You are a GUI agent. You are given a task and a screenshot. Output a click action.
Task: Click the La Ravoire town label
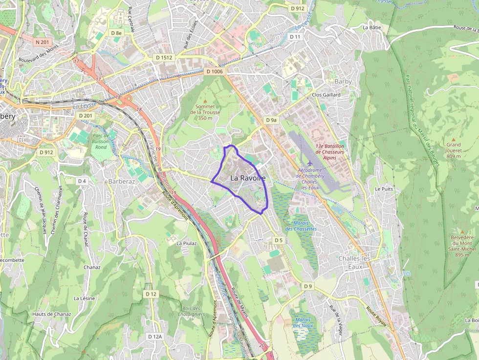click(x=248, y=178)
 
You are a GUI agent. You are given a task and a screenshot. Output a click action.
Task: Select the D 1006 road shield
click(x=214, y=72)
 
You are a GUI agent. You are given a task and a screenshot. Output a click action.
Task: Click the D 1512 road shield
click(x=164, y=57)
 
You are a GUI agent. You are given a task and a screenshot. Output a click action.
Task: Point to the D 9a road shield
click(x=271, y=120)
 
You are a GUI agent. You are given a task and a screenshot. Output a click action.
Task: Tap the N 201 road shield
click(x=43, y=42)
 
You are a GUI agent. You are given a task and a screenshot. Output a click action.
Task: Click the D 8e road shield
click(x=116, y=33)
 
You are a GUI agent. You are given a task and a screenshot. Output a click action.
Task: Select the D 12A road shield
click(x=154, y=337)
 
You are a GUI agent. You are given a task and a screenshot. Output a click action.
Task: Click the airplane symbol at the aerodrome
click(x=310, y=162)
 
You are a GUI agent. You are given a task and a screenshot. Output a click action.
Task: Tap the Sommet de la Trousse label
click(x=205, y=112)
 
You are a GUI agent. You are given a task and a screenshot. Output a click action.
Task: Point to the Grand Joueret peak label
click(x=453, y=150)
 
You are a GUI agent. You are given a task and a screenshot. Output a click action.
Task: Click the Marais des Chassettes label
click(x=301, y=226)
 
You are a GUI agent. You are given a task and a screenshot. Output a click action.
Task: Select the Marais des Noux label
click(x=303, y=322)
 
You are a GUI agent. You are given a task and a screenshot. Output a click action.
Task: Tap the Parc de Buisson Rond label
click(x=101, y=141)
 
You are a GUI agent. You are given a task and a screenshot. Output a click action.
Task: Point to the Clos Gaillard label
click(x=326, y=95)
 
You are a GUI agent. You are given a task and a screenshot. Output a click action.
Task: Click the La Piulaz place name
click(x=187, y=243)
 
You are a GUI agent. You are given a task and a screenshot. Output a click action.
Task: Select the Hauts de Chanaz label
click(x=52, y=314)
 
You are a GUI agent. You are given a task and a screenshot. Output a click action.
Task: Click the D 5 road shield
click(x=279, y=240)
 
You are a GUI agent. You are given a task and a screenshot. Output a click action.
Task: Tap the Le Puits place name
click(x=384, y=189)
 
